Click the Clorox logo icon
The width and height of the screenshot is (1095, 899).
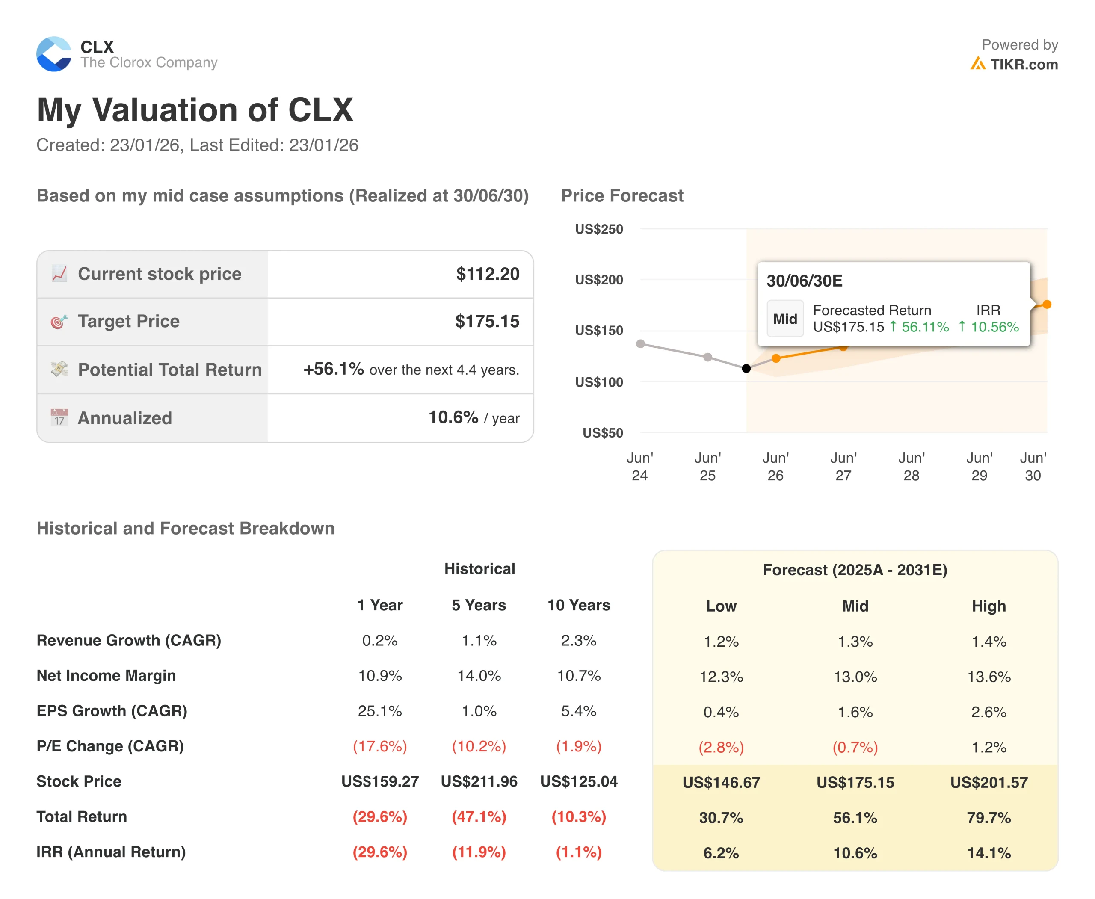54,54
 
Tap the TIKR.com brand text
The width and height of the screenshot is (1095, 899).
1024,65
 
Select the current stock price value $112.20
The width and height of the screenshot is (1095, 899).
488,274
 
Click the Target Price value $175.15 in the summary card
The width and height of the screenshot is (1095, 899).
487,322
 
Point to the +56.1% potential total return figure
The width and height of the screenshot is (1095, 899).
334,369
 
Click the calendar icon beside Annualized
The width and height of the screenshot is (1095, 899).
59,417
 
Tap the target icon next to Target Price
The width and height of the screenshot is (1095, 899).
59,322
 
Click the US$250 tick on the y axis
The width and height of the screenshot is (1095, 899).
599,229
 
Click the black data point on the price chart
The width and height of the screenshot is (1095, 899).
746,369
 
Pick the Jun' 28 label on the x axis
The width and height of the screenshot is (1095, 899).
911,467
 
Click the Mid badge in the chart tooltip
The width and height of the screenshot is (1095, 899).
785,319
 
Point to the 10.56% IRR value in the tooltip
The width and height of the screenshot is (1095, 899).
994,327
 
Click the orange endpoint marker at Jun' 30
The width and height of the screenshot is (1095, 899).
1047,305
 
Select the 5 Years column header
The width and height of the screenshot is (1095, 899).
479,605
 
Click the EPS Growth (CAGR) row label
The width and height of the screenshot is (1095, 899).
112,711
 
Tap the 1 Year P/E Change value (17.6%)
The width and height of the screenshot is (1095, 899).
380,746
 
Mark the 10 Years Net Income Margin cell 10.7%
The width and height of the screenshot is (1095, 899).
579,676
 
